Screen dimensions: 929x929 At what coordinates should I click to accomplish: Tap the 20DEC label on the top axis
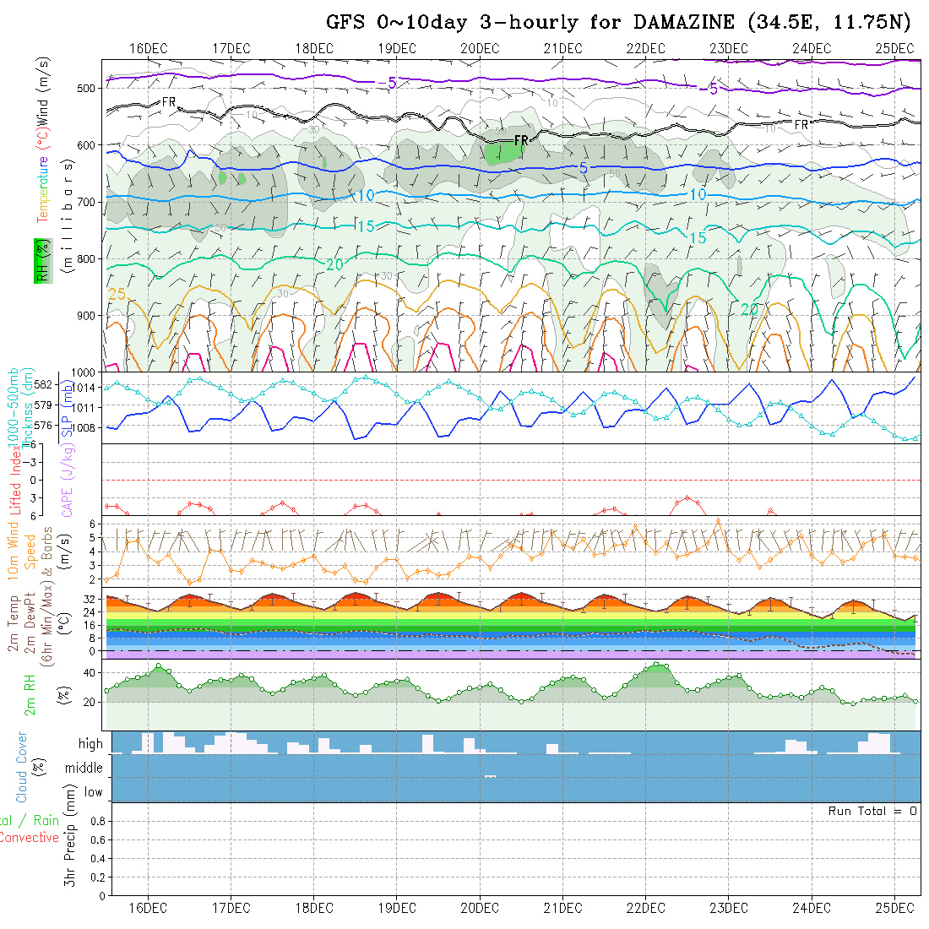tap(480, 48)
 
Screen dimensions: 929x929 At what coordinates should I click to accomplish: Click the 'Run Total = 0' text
tap(872, 811)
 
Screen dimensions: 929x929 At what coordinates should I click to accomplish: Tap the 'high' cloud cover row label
tap(90, 744)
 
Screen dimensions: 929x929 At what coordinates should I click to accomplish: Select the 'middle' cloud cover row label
tap(84, 769)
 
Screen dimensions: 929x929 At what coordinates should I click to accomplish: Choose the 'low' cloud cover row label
tap(93, 792)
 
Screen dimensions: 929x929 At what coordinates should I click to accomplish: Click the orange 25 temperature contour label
tap(117, 293)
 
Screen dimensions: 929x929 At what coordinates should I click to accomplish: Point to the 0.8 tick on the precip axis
tap(96, 821)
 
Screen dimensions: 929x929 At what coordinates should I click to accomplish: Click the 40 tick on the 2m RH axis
tap(87, 673)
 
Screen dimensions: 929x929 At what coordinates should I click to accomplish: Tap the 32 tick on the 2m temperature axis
tap(89, 599)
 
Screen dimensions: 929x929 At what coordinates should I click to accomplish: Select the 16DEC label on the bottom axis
tap(148, 908)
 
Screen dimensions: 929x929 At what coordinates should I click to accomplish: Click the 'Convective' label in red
tap(29, 838)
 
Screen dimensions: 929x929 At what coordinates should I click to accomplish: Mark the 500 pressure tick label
tap(84, 89)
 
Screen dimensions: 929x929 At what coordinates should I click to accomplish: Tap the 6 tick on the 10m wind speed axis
tap(95, 524)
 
